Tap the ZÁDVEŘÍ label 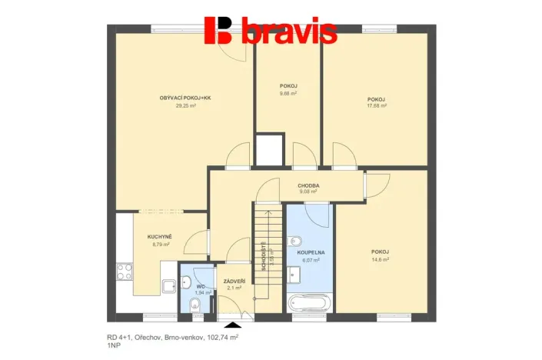234,281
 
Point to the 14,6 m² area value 379,259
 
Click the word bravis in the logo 289,32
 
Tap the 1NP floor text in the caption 114,347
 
